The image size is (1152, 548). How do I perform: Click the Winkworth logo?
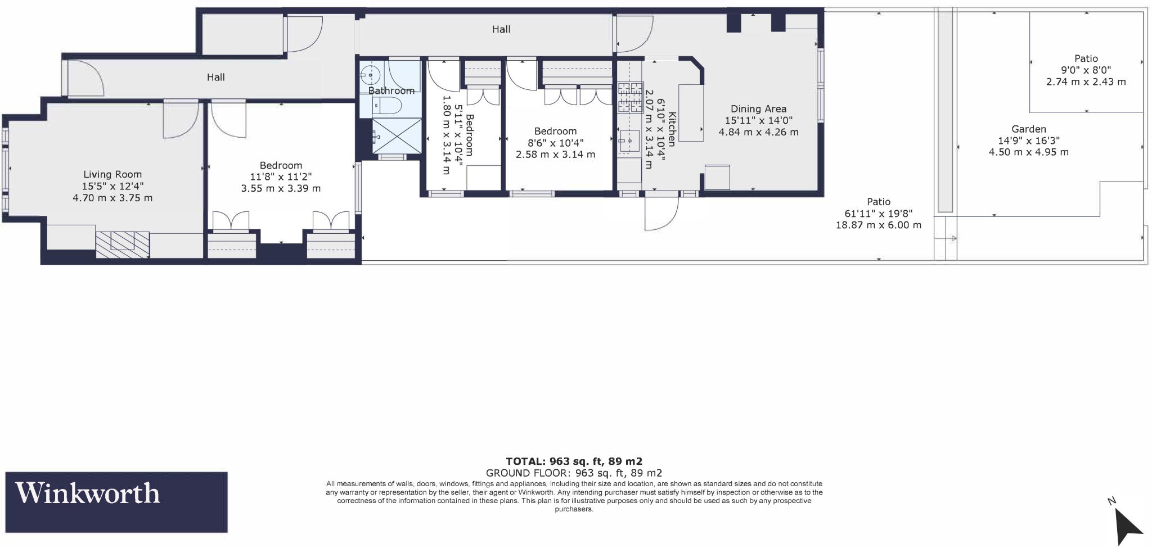point(116,501)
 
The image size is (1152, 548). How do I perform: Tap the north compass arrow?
point(1127,523)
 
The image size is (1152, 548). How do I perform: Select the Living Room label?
point(112,174)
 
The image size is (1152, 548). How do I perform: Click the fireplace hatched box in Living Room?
point(122,244)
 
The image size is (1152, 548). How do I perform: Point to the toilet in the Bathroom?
point(388,105)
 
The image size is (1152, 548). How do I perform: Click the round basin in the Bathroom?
point(371,74)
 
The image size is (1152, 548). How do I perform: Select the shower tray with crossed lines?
point(397,135)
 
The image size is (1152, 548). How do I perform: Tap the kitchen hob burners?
point(630,97)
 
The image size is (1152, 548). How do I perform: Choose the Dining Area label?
point(758,109)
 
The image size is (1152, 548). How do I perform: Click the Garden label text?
point(1029,129)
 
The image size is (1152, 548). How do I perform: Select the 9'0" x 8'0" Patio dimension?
point(1086,70)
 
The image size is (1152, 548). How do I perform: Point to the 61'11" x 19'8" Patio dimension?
point(878,214)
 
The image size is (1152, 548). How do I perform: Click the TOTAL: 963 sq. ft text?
point(574,461)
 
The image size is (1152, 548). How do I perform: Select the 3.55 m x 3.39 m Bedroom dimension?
point(281,189)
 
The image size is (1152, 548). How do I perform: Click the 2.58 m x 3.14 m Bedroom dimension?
point(555,155)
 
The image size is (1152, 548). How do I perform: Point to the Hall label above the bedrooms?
point(501,29)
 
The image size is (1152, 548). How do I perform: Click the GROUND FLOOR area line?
point(574,473)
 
